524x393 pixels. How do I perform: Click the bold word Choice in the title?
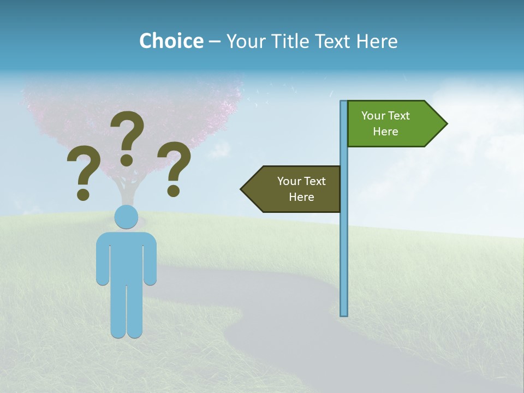pos(171,41)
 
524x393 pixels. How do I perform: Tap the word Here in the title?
pos(377,41)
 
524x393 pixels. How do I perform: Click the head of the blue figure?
pos(126,217)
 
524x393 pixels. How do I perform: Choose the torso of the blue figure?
pos(126,257)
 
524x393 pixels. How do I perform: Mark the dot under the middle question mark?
pos(127,159)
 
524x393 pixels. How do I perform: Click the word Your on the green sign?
pos(373,116)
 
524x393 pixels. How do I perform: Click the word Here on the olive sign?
pos(301,197)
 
